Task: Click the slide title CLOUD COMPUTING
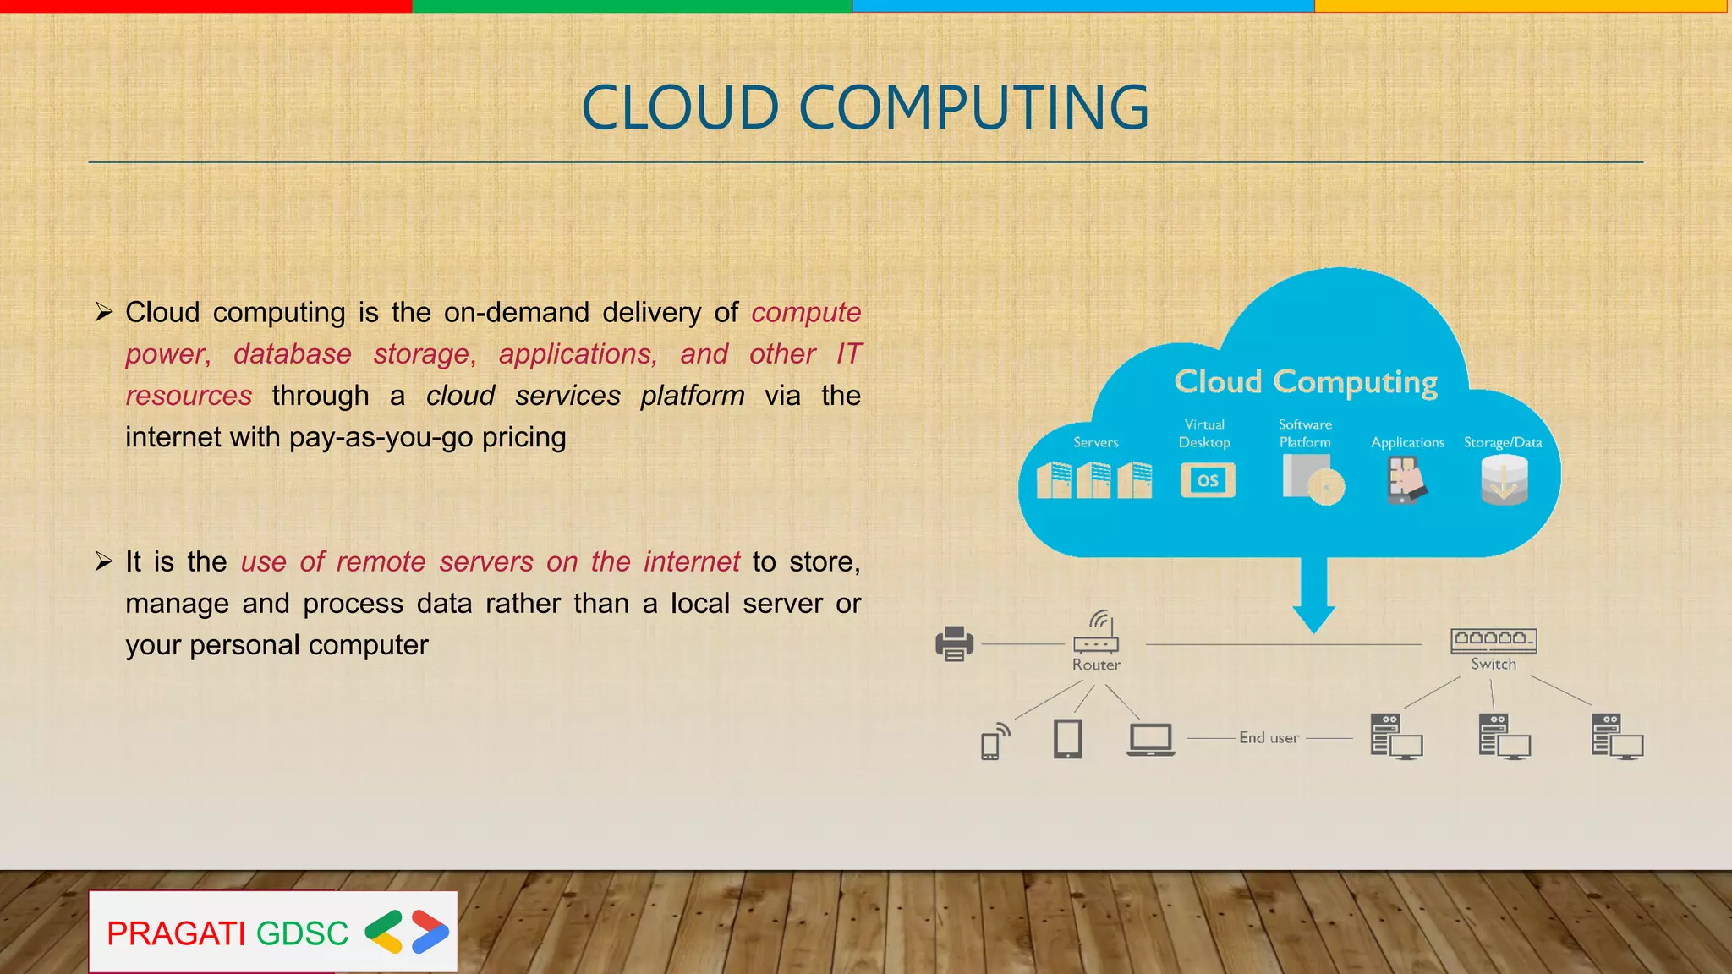point(865,108)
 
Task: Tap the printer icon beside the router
point(954,643)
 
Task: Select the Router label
point(1096,665)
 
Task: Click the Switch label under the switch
point(1494,664)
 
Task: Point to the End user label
point(1269,737)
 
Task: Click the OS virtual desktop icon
point(1208,480)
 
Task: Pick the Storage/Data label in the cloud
point(1503,442)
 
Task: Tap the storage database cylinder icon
point(1505,479)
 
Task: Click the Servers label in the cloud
point(1095,442)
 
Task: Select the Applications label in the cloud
point(1407,442)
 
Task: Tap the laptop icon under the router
point(1151,739)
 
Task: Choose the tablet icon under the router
point(1068,738)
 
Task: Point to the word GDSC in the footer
point(302,933)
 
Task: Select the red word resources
point(189,396)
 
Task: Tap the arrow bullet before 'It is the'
point(104,561)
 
